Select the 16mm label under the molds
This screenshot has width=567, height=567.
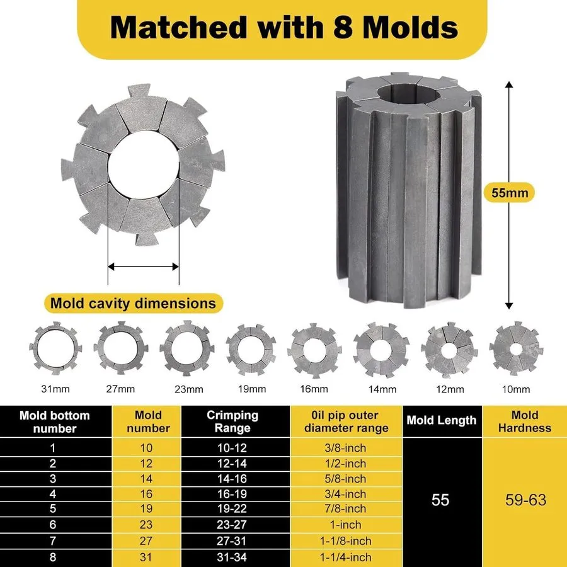(314, 389)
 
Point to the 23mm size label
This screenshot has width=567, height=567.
(189, 389)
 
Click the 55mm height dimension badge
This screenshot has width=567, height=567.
(510, 193)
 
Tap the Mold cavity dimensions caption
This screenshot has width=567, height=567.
(133, 303)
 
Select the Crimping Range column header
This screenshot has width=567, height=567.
(232, 421)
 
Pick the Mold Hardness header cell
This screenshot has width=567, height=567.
(525, 421)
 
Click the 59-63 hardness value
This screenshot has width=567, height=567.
(526, 500)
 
